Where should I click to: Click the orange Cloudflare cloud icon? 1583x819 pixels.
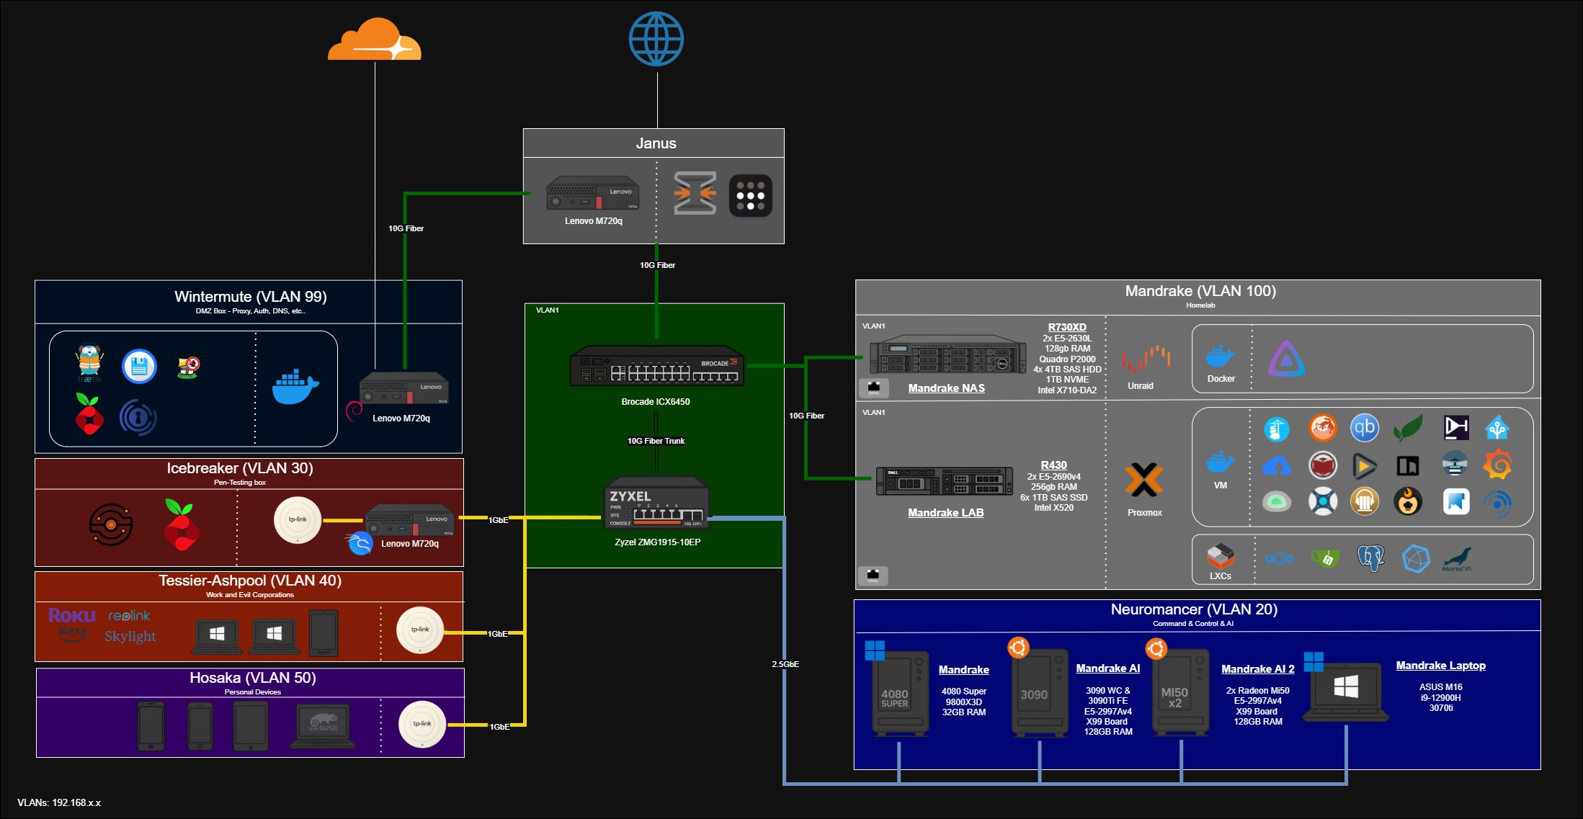(374, 41)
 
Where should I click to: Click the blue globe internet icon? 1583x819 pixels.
(656, 39)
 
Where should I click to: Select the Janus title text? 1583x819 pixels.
(656, 143)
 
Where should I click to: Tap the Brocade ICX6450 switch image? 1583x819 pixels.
(656, 367)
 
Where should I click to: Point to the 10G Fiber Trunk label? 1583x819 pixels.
(656, 441)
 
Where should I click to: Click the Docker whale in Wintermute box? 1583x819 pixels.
(295, 387)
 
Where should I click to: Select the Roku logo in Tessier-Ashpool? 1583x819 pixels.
(71, 615)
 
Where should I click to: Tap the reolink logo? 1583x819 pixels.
(129, 616)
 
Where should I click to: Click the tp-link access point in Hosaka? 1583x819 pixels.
(422, 724)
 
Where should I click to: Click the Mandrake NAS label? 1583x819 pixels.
(946, 388)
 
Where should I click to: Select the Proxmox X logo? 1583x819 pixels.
(1144, 480)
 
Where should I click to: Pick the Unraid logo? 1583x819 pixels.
(1145, 358)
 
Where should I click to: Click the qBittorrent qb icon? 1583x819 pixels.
(1365, 428)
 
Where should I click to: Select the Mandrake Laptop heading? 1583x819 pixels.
(1440, 666)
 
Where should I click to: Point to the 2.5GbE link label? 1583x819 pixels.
(785, 664)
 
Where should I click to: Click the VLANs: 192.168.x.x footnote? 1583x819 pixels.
(59, 802)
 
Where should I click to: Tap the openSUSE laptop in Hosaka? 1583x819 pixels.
(324, 725)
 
